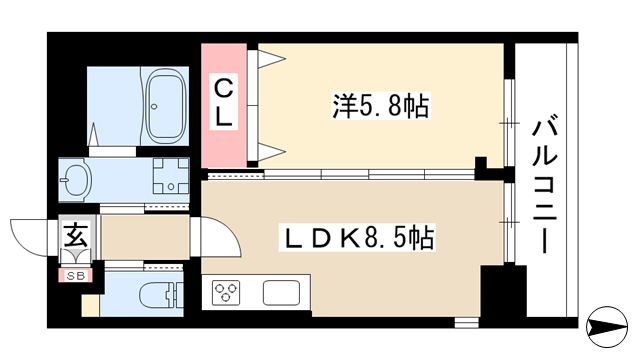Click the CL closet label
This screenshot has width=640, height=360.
223,102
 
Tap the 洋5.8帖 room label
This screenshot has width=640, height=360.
380,106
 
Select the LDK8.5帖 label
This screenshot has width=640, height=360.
357,237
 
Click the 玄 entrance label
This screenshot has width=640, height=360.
76,236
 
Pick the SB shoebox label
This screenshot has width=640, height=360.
76,276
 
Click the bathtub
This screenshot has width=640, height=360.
166,106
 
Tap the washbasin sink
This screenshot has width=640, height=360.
75,180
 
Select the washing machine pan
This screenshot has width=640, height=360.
171,176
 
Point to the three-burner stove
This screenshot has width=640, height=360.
226,293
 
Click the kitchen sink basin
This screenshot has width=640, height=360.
281,293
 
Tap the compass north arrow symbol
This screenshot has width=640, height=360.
607,327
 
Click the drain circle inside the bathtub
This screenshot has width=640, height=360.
154,107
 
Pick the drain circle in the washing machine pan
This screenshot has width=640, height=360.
171,187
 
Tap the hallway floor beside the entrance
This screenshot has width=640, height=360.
145,237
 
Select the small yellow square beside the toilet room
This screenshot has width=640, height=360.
90,305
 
